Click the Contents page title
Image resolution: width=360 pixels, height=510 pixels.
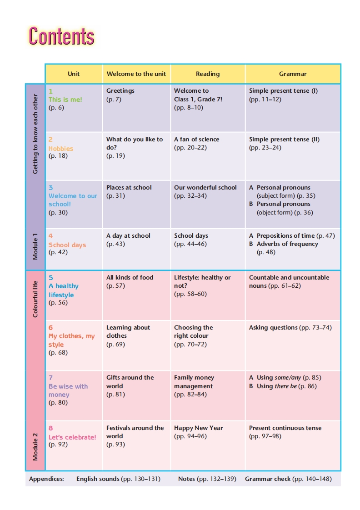click(61, 36)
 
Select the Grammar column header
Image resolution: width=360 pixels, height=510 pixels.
click(293, 74)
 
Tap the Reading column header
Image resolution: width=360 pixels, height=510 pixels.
click(208, 74)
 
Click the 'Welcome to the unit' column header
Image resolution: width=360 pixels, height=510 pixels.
click(136, 74)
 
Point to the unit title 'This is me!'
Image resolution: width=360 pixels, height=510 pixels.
click(65, 99)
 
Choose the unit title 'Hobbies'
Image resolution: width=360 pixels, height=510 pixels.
click(61, 148)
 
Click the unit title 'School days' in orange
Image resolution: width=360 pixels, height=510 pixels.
click(67, 245)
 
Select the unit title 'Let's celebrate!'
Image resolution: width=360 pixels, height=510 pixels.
click(72, 437)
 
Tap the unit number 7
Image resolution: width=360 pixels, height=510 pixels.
click(51, 378)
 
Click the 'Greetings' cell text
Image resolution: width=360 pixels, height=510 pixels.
click(120, 90)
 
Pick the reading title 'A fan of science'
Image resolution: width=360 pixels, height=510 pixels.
click(196, 140)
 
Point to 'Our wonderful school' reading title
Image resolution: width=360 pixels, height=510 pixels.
click(205, 187)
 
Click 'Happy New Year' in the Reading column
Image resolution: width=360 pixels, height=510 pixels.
click(199, 428)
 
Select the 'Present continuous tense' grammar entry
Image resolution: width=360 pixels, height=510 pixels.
click(285, 428)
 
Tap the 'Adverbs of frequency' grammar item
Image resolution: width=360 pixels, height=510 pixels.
click(287, 244)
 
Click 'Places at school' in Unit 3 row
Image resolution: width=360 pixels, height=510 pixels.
click(129, 187)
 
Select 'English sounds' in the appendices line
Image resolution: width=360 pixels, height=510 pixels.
click(98, 479)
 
